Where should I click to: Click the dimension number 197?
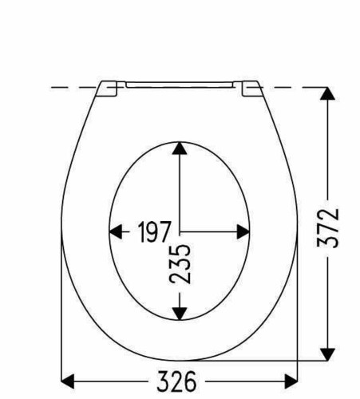154,231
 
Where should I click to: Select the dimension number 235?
180,264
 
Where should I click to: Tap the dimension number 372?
328,228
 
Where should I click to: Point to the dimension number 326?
176,381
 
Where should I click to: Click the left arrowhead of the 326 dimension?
68,381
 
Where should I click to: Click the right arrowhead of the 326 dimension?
291,381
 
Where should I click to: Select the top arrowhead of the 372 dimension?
327,93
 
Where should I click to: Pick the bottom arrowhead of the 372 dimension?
327,354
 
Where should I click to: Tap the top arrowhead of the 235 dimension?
180,148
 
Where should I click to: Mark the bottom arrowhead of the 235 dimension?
180,314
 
